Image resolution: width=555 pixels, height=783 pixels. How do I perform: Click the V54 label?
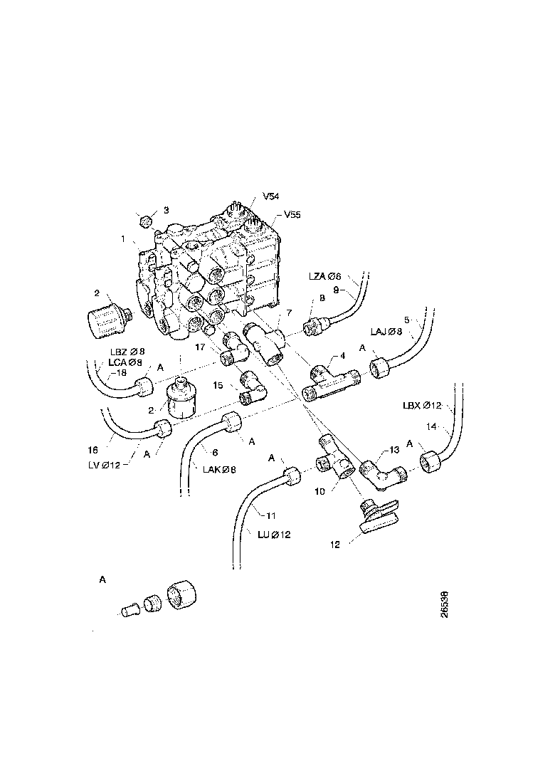[271, 196]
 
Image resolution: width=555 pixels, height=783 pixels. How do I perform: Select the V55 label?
[292, 214]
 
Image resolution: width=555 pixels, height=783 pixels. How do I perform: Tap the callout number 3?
[166, 210]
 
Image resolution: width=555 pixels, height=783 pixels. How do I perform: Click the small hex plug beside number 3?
[147, 220]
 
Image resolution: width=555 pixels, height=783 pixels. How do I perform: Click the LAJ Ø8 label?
[386, 331]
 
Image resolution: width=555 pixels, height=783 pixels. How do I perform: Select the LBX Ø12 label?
[422, 406]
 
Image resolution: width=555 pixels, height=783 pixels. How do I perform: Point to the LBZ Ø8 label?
[127, 351]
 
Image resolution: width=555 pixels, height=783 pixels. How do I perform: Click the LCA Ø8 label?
[126, 362]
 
